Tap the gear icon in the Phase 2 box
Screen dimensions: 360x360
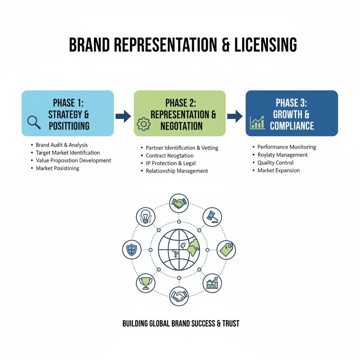coord(143,124)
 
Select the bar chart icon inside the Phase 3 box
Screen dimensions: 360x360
coord(257,123)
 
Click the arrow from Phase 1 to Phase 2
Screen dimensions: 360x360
coord(123,117)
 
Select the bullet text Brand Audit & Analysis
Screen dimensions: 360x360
coord(62,145)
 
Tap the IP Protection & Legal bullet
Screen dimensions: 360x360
coord(171,163)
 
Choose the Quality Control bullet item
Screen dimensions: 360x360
coord(275,163)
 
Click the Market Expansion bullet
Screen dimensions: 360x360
coord(278,171)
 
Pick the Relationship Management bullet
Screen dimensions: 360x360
coord(177,171)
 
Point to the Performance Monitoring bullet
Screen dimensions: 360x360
coord(287,147)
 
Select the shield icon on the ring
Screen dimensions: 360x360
coord(132,250)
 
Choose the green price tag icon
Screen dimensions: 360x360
coord(226,250)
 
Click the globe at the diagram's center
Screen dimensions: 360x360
coord(179,250)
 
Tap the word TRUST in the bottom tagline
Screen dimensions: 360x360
coord(231,323)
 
